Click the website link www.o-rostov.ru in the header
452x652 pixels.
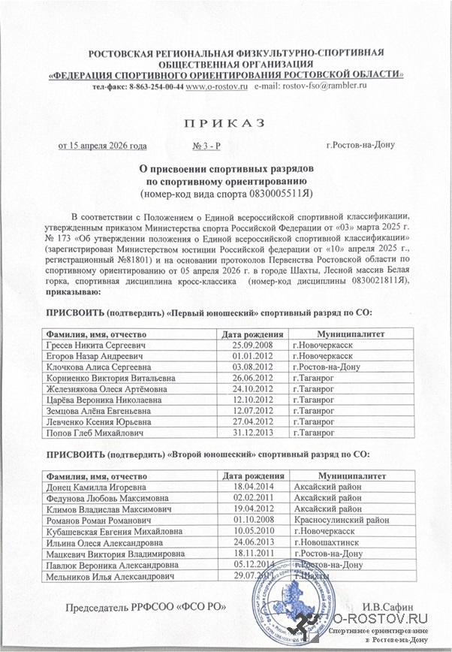(x=217, y=87)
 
